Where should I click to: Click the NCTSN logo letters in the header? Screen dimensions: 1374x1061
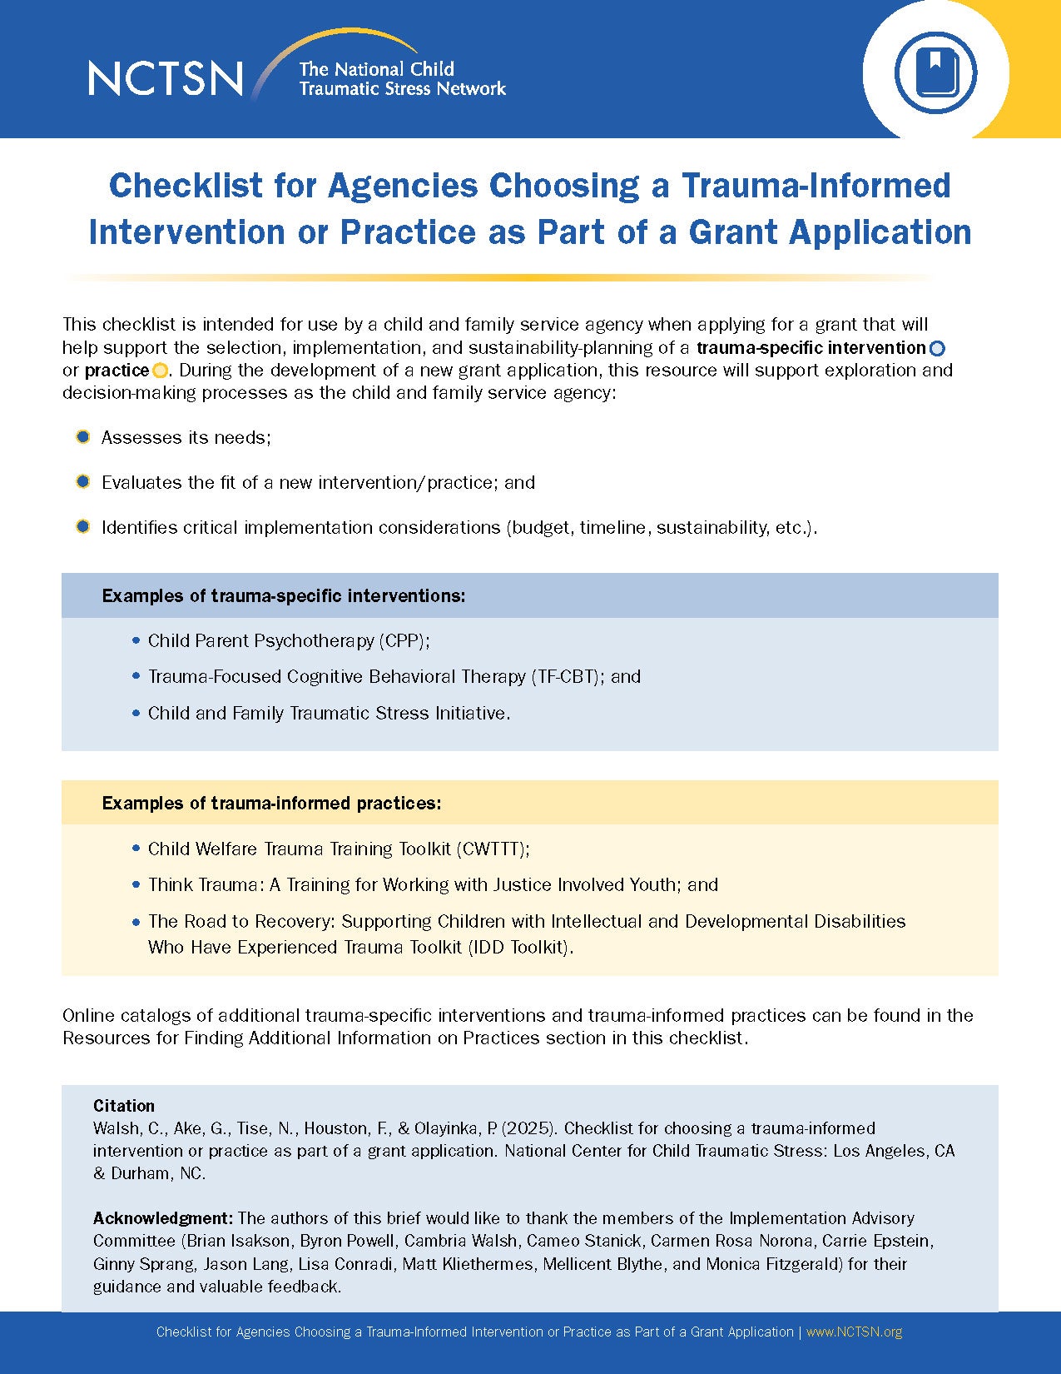click(x=166, y=78)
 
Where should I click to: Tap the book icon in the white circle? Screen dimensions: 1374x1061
click(x=935, y=72)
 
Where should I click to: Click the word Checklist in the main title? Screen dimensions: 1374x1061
click(x=186, y=186)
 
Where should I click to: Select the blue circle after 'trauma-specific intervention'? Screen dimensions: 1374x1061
click(x=937, y=348)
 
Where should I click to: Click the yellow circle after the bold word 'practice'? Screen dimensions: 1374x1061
click(x=160, y=371)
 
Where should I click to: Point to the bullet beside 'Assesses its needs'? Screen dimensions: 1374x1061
click(x=82, y=437)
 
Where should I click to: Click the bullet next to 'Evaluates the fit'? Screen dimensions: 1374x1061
click(x=82, y=481)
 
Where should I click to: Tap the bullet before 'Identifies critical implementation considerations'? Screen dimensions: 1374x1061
click(x=82, y=526)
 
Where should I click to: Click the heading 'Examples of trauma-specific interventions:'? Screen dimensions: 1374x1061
click(x=284, y=595)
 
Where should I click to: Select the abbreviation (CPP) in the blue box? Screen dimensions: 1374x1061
click(x=404, y=640)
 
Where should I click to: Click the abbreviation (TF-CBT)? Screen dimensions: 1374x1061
click(x=567, y=676)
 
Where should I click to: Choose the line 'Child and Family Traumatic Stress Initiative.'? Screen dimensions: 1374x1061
click(x=329, y=713)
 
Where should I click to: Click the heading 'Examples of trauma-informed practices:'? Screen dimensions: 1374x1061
click(x=271, y=803)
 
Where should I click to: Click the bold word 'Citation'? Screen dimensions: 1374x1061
click(x=124, y=1106)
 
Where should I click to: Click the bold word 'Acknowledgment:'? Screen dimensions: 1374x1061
click(x=164, y=1217)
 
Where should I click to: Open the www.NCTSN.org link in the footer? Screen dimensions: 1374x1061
click(x=854, y=1332)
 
